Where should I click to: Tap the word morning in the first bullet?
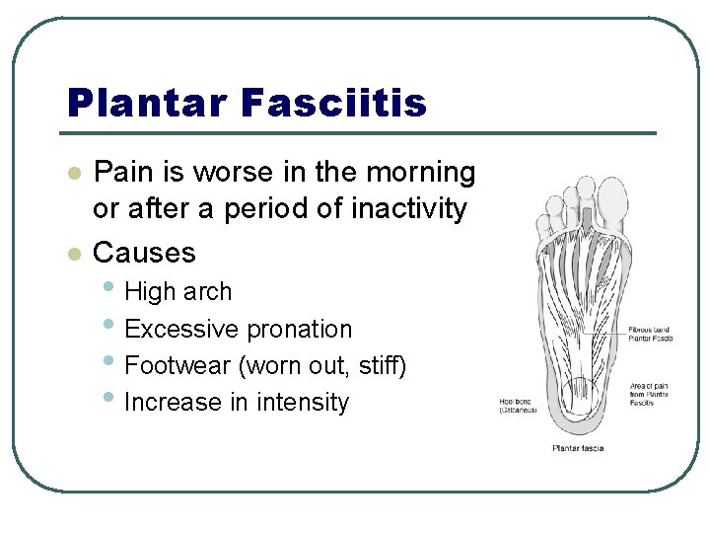(421, 172)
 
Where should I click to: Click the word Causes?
(144, 253)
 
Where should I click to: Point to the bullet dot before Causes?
(71, 254)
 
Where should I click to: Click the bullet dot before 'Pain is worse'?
(71, 173)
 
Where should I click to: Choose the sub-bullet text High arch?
(178, 292)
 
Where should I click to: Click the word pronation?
(299, 329)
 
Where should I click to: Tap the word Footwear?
(177, 366)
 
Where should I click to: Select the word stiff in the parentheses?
(379, 366)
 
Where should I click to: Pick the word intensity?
(303, 403)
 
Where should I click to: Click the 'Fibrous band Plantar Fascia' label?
(650, 333)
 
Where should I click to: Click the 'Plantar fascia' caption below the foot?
(577, 449)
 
